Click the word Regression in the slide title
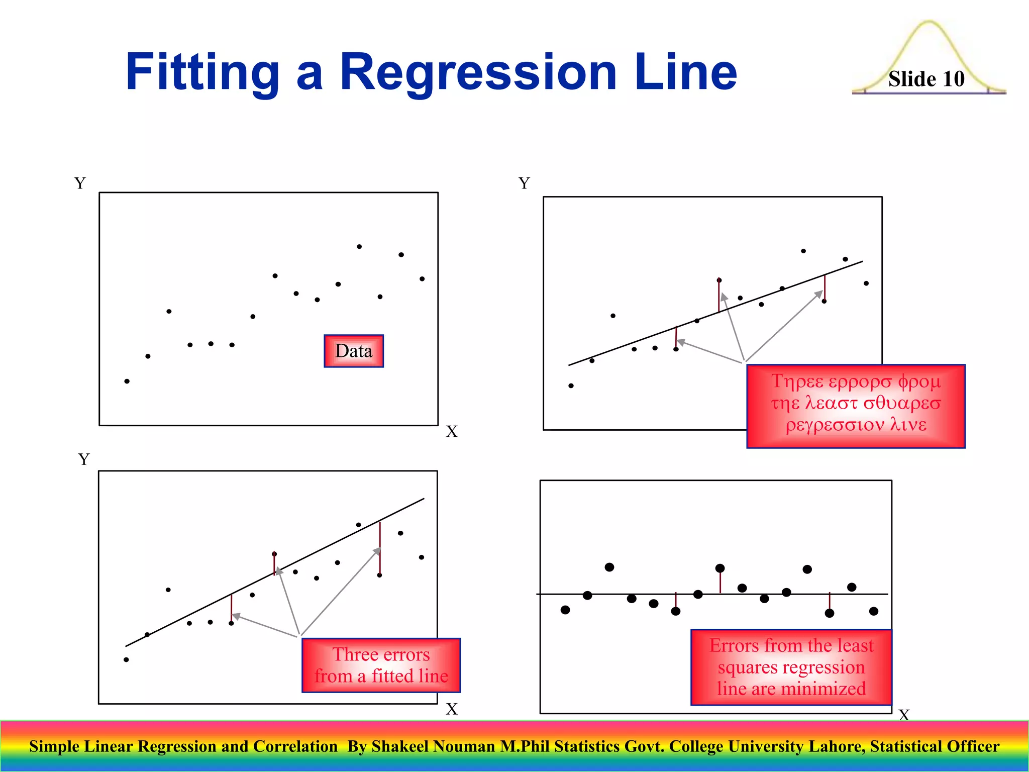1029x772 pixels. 478,73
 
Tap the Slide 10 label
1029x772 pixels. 926,79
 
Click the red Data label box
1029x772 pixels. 354,351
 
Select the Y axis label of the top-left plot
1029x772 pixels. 80,183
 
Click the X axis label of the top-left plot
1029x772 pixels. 451,432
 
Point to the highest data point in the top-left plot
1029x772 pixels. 359,247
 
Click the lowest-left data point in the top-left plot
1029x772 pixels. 127,381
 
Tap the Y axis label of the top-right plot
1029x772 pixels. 524,183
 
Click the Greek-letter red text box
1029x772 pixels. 856,406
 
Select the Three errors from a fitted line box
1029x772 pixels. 381,665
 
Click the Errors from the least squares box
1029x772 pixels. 791,667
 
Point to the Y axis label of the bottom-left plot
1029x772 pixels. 84,459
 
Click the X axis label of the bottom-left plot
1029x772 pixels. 451,709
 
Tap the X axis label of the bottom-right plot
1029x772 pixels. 904,715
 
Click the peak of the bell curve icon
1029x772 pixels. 929,23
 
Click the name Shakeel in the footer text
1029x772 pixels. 399,746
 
